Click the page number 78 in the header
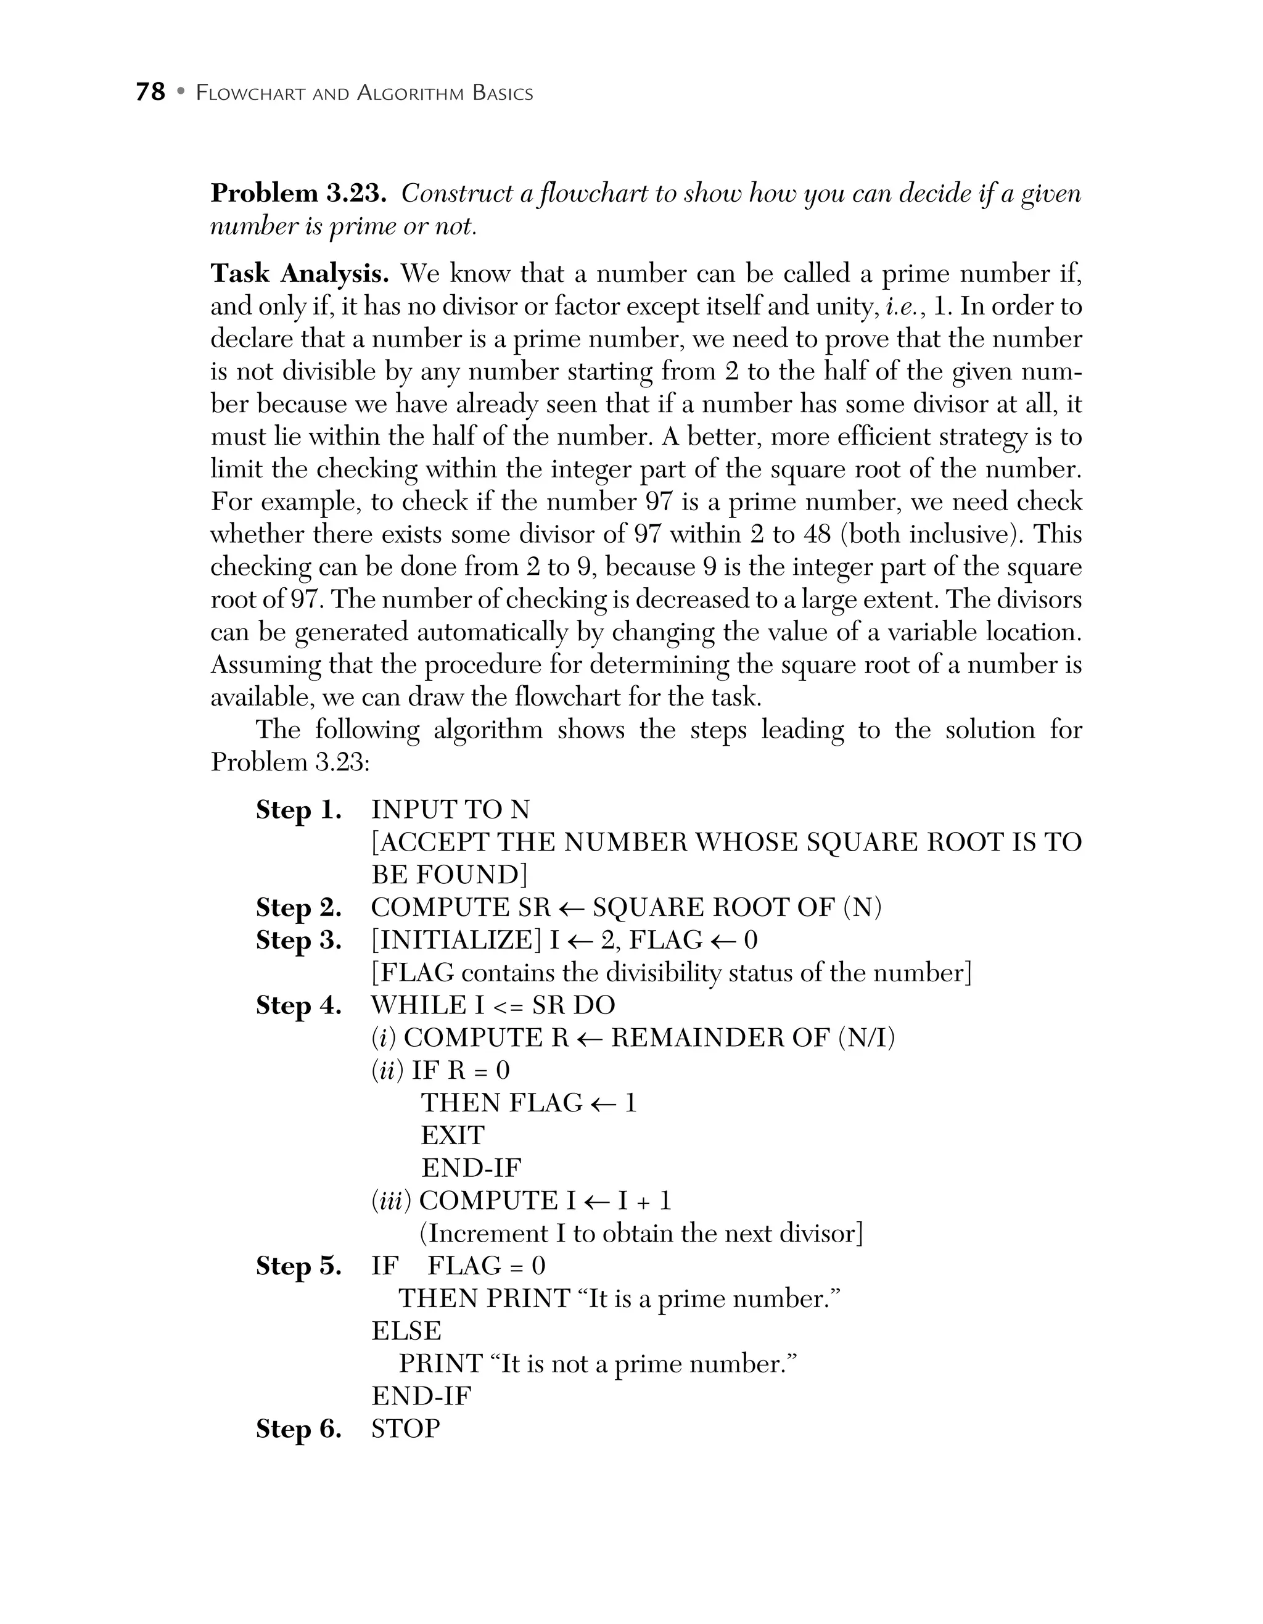click(x=150, y=92)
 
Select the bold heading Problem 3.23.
click(x=298, y=193)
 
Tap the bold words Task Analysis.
click(x=299, y=274)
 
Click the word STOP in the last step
click(x=406, y=1428)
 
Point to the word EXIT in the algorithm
click(x=452, y=1136)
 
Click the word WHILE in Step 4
click(x=417, y=1005)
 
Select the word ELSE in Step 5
click(x=406, y=1331)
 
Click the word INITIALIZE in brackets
click(x=456, y=941)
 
